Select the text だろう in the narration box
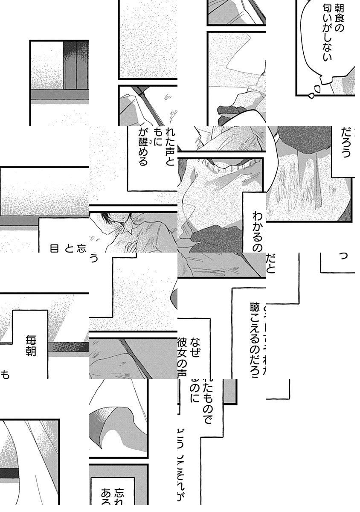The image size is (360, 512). tap(346, 142)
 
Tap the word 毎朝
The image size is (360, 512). tap(31, 345)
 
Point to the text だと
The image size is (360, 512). tap(270, 263)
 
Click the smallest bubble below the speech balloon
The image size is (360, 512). tap(311, 96)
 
